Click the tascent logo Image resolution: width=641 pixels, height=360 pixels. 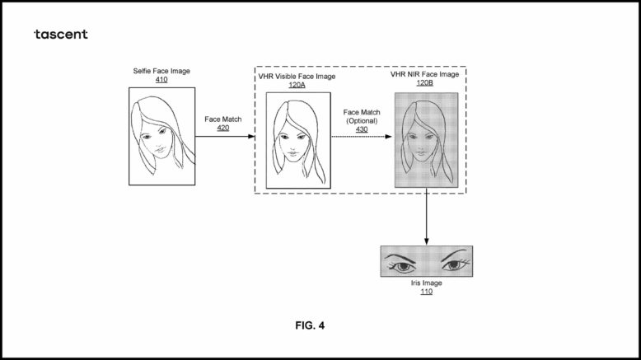(x=60, y=34)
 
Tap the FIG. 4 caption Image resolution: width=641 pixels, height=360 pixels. (x=310, y=325)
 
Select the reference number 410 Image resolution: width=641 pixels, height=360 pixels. (x=161, y=81)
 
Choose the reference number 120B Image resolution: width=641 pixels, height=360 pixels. (x=424, y=83)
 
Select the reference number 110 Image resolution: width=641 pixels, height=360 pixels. (x=426, y=292)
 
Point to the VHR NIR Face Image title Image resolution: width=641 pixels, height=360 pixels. (x=424, y=74)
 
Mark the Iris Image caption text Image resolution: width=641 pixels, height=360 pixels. (x=426, y=283)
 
